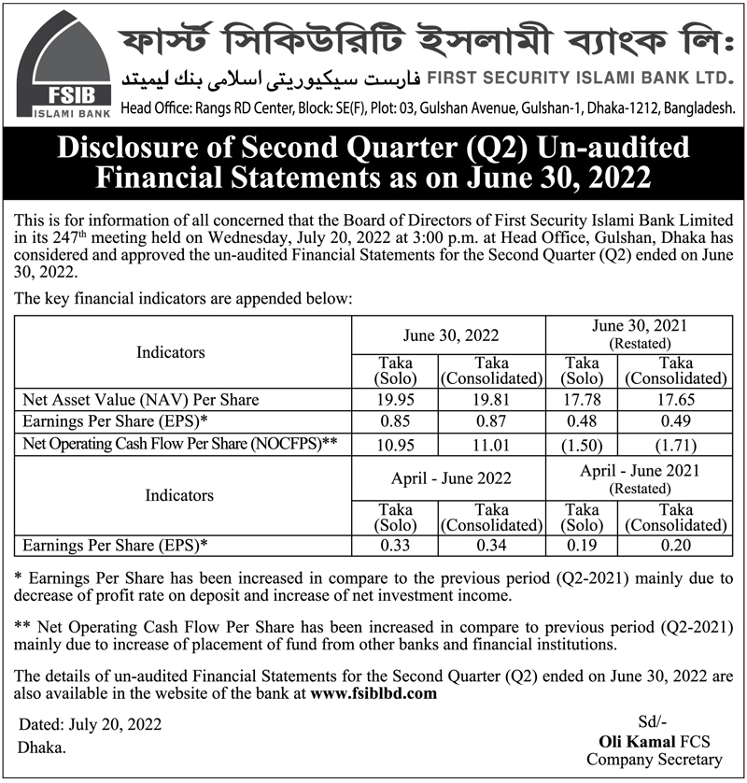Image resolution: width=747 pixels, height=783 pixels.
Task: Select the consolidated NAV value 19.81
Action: (x=491, y=399)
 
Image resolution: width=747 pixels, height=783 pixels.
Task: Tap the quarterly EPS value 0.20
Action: (x=675, y=544)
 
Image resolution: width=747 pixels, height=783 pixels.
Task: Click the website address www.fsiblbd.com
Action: (x=373, y=693)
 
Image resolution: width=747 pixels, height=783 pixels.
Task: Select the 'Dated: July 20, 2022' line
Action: (x=90, y=724)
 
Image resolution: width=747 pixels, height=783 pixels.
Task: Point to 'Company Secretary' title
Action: (x=654, y=760)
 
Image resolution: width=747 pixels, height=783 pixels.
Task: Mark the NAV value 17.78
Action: (x=583, y=399)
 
